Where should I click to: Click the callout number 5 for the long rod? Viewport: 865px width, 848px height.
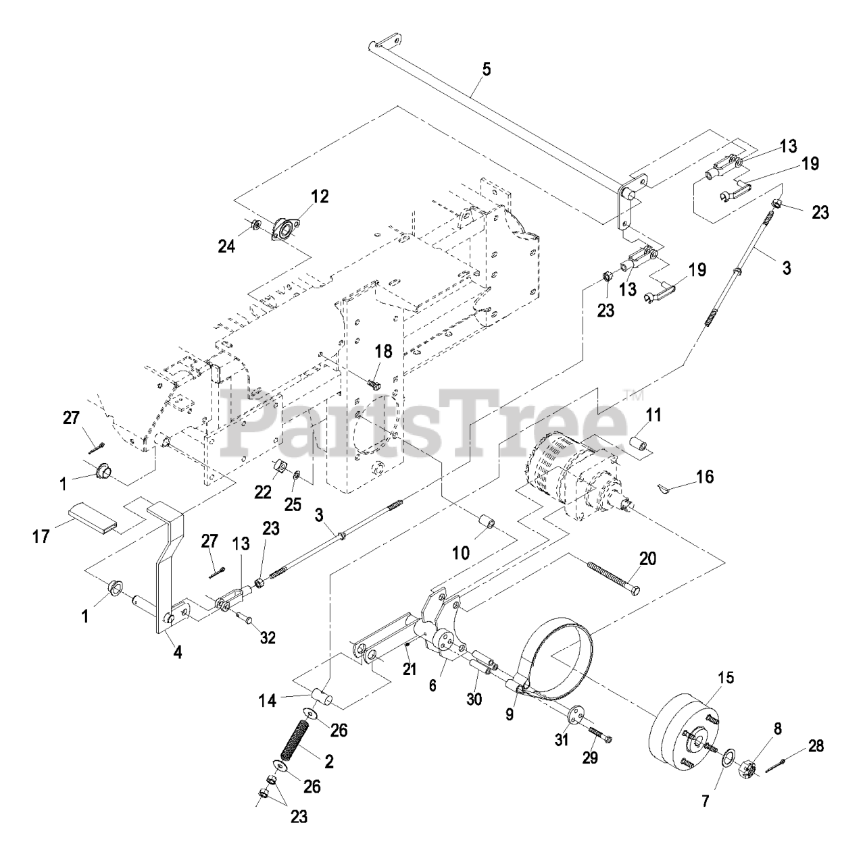tap(487, 70)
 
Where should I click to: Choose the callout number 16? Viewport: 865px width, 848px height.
tap(705, 477)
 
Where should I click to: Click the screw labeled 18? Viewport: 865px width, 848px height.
tap(372, 383)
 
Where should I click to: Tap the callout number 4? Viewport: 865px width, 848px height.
tap(178, 653)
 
